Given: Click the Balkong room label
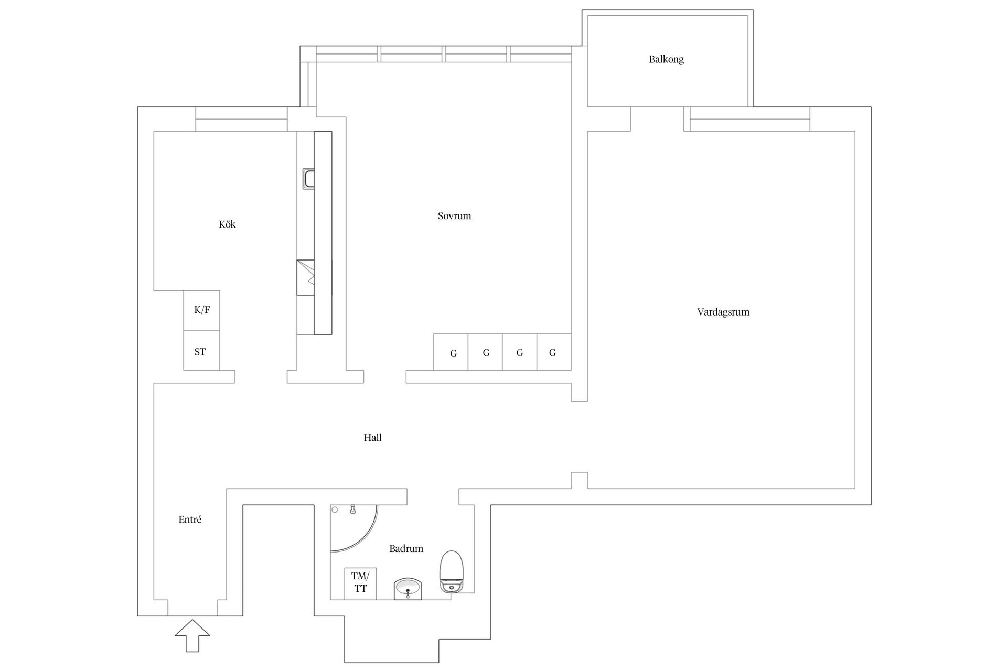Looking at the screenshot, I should [666, 59].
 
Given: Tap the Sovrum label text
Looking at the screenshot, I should [454, 215].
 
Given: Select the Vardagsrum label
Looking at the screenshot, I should [723, 312].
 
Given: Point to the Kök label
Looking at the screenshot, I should [227, 224].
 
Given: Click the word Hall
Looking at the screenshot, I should [372, 438].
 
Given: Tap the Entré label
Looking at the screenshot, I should [190, 520].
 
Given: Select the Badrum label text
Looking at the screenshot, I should [406, 549].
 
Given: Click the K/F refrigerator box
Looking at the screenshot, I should [201, 310].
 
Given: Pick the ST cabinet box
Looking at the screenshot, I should [201, 351].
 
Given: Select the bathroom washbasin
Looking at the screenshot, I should [408, 588].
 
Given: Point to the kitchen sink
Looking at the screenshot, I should [308, 179].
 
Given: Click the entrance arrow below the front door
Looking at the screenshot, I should [192, 635].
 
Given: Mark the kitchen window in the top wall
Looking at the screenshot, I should [241, 119].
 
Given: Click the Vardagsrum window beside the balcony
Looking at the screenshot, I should [749, 119].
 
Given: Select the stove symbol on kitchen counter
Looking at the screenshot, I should [305, 277].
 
